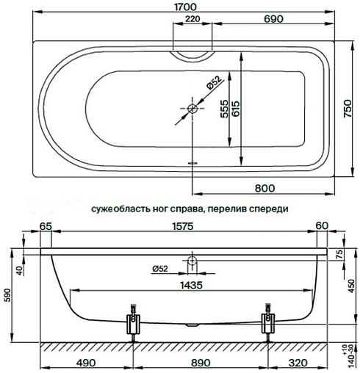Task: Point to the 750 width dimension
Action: coord(350,109)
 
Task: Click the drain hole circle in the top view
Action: coord(192,110)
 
